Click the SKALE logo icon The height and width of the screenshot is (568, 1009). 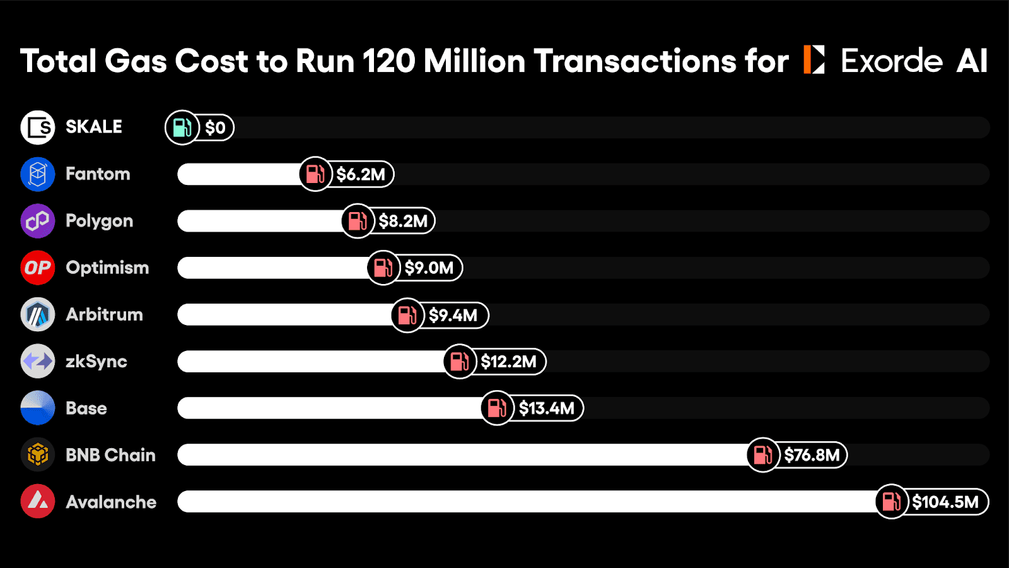click(38, 127)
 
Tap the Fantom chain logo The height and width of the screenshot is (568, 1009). click(38, 174)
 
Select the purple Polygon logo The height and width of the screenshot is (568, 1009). click(38, 221)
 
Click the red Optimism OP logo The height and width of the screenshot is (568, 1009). click(38, 268)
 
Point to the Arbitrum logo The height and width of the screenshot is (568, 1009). click(38, 314)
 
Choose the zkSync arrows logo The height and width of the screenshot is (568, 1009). click(38, 361)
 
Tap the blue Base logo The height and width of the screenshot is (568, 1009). click(38, 408)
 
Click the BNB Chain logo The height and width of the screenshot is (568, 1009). click(38, 454)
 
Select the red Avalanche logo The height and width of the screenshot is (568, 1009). click(38, 501)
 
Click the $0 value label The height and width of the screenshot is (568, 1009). click(216, 128)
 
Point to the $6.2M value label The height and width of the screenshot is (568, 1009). click(361, 174)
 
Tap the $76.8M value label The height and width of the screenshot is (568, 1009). click(812, 455)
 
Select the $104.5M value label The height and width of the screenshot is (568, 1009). click(945, 502)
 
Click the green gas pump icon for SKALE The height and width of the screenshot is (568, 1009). click(182, 127)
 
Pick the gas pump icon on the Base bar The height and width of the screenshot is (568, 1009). click(497, 408)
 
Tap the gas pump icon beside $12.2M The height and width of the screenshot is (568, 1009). click(460, 361)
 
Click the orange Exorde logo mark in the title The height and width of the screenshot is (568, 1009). click(814, 60)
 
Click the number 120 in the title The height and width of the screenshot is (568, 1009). click(388, 61)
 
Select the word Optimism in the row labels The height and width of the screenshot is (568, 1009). click(107, 268)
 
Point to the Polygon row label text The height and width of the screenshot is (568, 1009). click(99, 221)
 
